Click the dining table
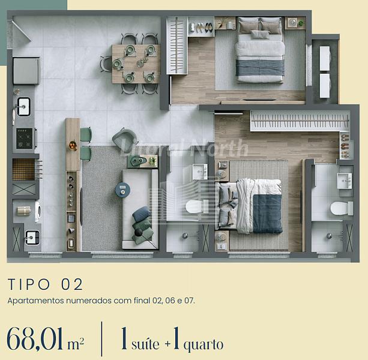click(136, 64)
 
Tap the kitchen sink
click(23, 106)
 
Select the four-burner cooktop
click(25, 139)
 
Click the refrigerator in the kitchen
click(26, 71)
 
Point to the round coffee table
click(122, 189)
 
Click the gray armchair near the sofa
click(125, 138)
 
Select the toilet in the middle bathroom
click(195, 206)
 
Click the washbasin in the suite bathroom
click(345, 181)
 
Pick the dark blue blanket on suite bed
click(268, 214)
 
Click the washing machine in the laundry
click(38, 212)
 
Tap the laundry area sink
click(32, 238)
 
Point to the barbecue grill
click(23, 169)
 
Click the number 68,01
click(35, 338)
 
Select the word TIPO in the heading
click(29, 284)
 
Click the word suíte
click(145, 344)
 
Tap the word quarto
click(204, 345)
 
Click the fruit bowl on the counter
click(73, 145)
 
